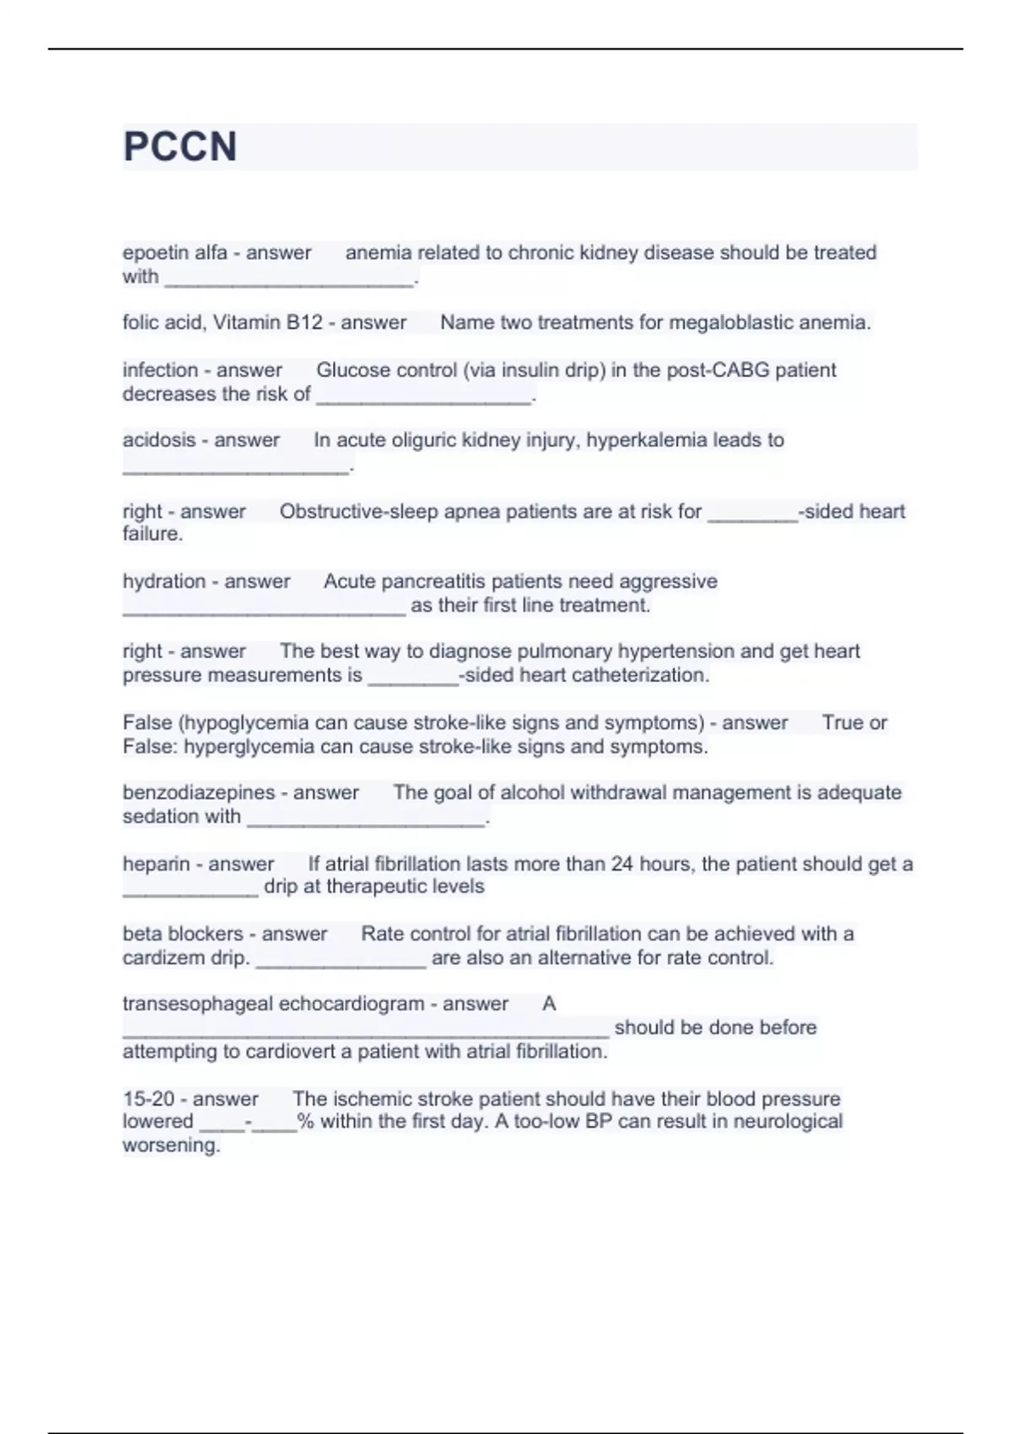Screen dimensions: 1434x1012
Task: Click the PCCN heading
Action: (x=180, y=147)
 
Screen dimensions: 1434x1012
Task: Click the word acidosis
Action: (x=159, y=440)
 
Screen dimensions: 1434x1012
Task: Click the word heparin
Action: (x=156, y=864)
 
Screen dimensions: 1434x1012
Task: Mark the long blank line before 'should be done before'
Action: (x=365, y=1031)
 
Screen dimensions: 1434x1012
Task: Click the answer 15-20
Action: (x=148, y=1099)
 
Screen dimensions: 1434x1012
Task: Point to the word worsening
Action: (x=171, y=1146)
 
